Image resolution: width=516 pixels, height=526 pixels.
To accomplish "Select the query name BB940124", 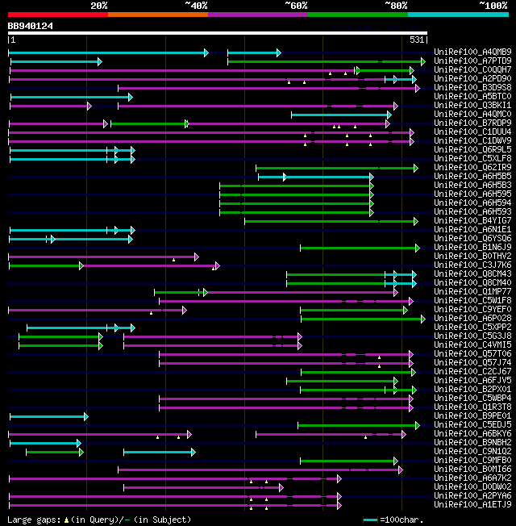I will tap(31, 26).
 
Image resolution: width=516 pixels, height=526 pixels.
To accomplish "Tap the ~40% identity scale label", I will tap(196, 6).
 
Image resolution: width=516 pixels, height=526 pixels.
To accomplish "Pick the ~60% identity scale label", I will tap(296, 6).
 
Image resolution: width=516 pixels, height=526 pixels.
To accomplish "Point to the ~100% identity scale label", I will tap(493, 6).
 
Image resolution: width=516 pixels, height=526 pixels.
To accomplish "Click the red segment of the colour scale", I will tap(57, 15).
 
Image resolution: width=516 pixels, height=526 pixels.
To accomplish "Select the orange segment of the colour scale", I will tap(157, 15).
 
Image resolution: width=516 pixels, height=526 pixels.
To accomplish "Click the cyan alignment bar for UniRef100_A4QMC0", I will tap(339, 115).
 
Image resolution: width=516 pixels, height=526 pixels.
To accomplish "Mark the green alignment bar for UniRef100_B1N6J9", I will tap(359, 248).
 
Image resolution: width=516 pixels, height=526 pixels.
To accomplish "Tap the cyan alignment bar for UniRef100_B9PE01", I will tap(48, 416).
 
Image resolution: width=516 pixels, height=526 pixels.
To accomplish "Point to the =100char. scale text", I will tap(402, 520).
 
